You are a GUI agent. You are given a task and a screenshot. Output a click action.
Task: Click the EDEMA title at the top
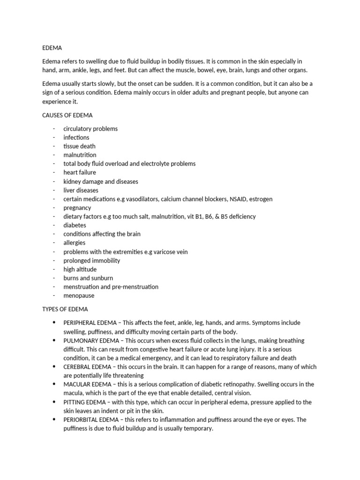click(52, 48)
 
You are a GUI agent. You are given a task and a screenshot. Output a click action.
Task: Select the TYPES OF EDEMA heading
click(65, 309)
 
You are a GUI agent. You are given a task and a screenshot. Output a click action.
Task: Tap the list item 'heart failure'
click(80, 172)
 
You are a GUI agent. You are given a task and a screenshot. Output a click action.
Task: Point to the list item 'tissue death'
click(79, 146)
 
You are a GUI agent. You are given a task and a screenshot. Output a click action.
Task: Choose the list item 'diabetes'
click(75, 225)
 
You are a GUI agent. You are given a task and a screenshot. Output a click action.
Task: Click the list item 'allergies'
click(75, 243)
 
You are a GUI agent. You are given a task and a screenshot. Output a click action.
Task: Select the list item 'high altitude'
click(80, 269)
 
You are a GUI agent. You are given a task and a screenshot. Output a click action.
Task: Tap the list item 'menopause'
click(79, 296)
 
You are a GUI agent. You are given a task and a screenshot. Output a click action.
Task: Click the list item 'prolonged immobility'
click(92, 261)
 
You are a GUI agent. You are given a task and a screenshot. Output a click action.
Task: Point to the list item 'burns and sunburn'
click(88, 278)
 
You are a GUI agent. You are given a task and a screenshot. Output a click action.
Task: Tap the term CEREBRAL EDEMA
click(86, 367)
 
